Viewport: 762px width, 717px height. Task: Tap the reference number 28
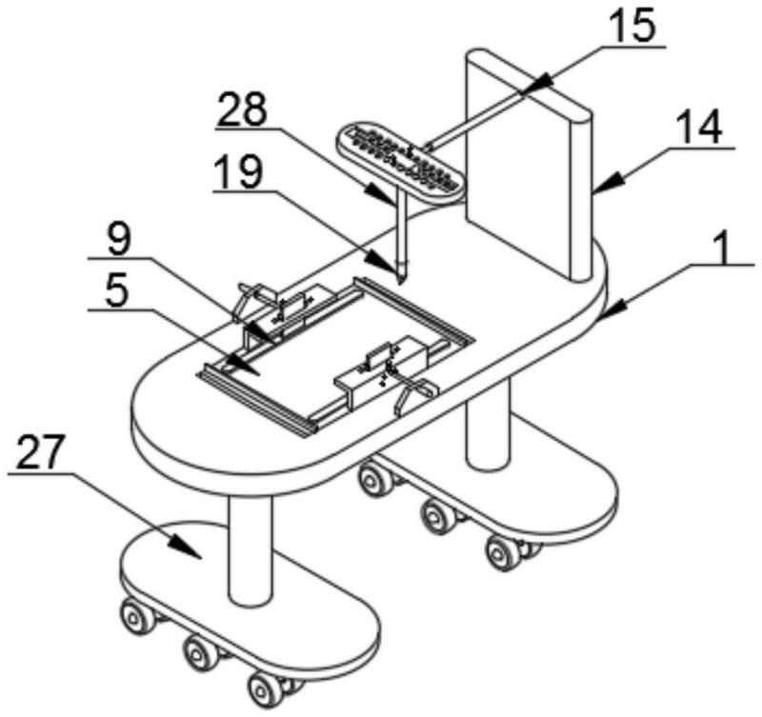click(242, 110)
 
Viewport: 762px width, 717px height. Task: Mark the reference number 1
click(723, 250)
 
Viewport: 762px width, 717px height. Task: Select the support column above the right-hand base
click(489, 428)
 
